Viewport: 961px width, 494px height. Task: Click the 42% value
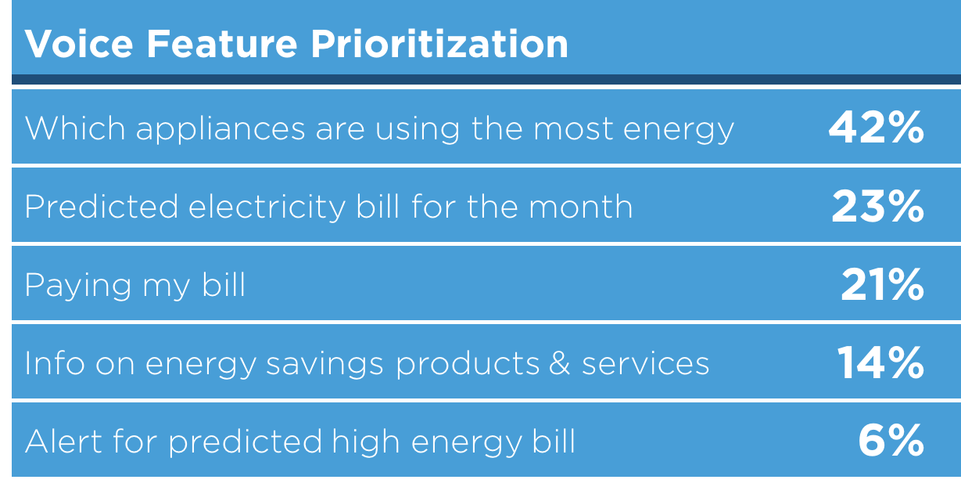pos(876,127)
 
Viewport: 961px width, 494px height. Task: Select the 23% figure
pos(877,206)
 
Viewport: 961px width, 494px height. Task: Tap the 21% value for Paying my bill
pos(882,284)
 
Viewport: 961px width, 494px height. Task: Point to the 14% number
pos(880,362)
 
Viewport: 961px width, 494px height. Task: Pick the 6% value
pos(891,441)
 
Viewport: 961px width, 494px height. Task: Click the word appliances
pos(221,130)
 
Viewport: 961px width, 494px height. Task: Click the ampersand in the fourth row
pos(559,363)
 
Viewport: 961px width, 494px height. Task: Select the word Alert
pos(63,442)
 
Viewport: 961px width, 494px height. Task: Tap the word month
pos(581,206)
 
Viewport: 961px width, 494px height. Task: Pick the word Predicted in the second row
pos(101,206)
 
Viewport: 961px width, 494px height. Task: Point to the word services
pos(646,363)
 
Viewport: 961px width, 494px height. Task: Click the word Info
pos(55,362)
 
